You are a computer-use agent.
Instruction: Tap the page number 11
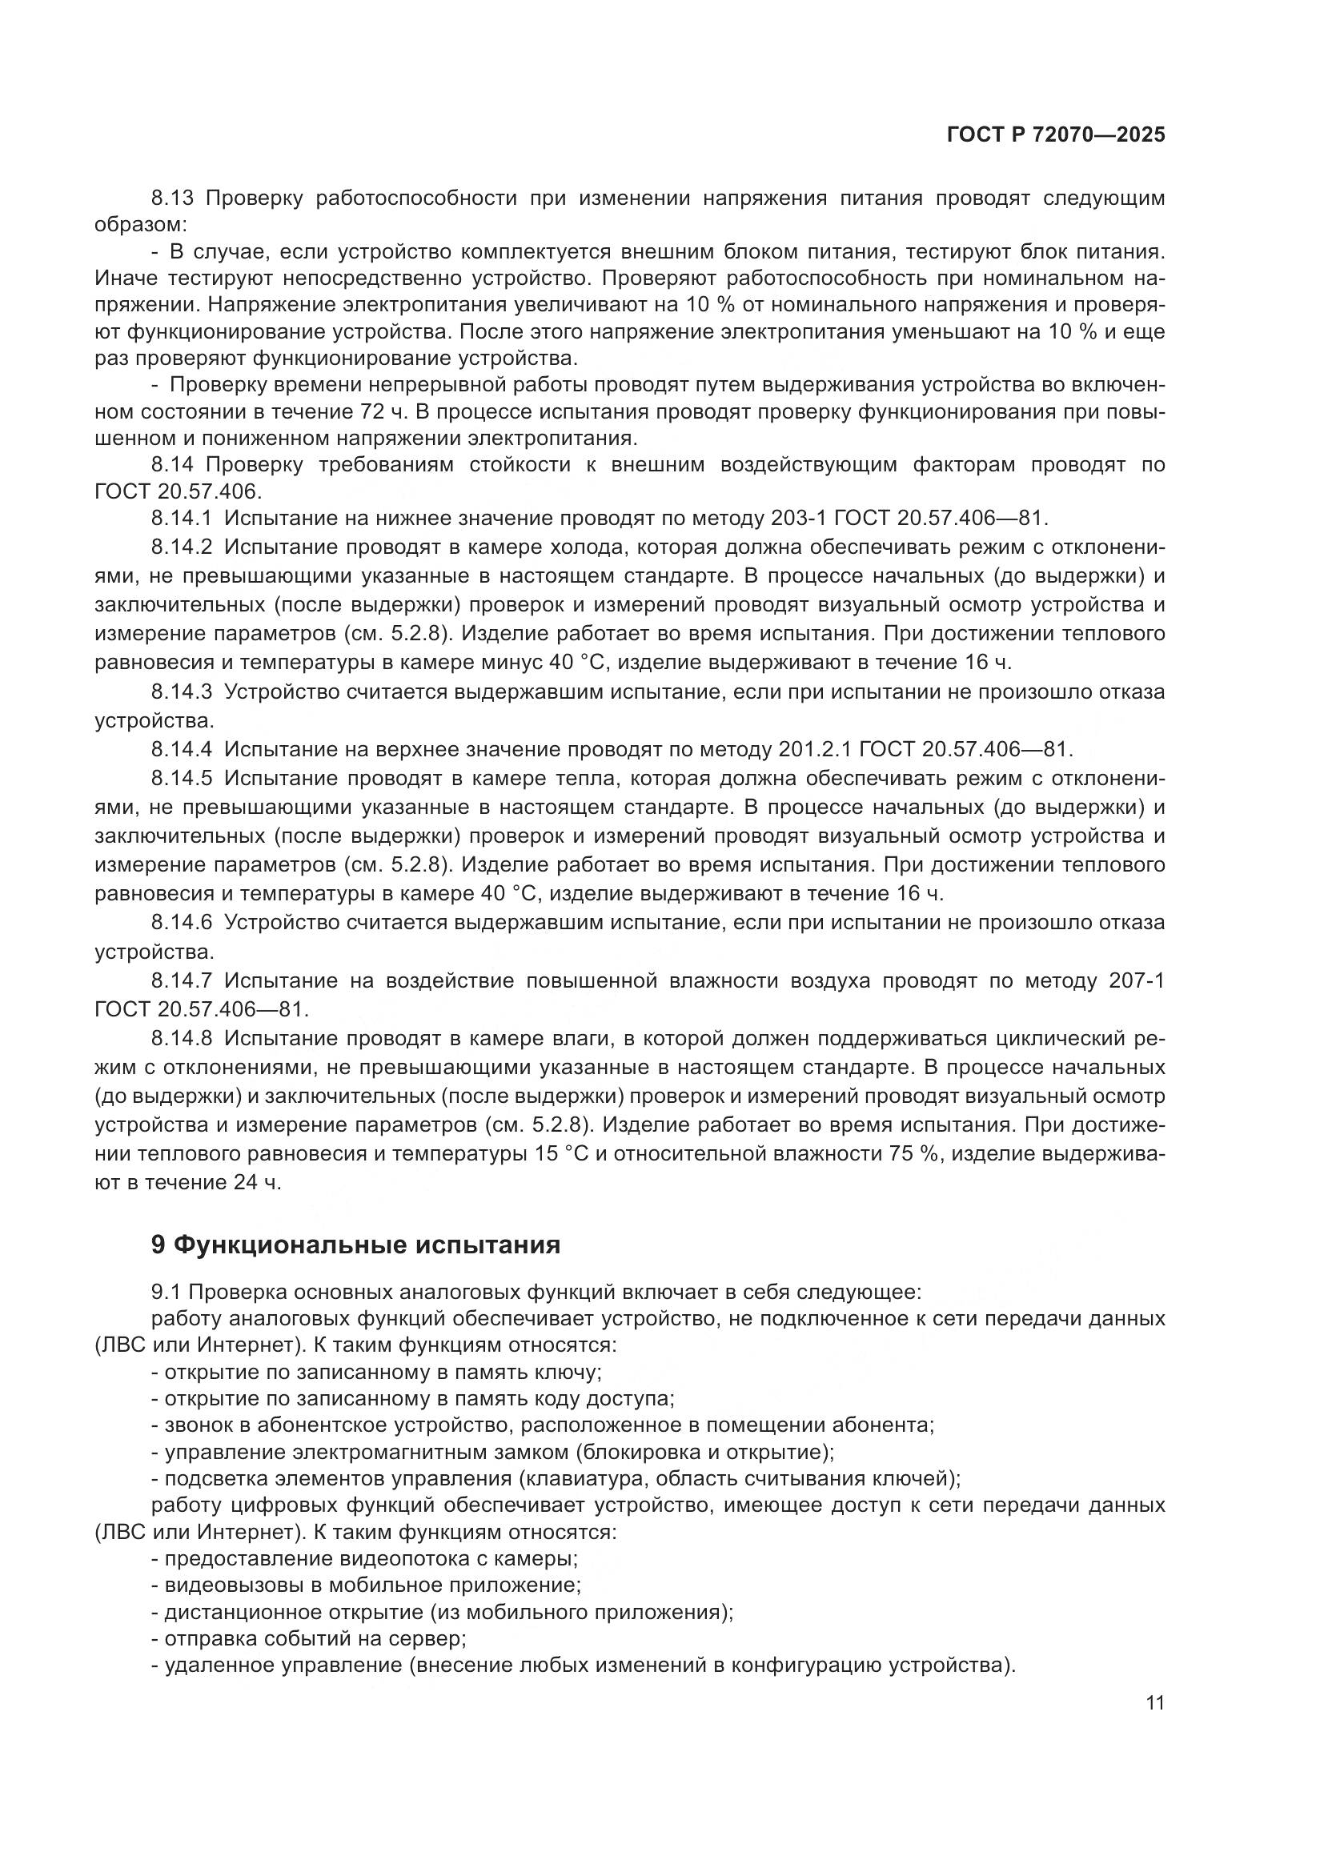[x=1154, y=1703]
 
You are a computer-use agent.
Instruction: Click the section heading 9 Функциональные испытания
[x=355, y=1245]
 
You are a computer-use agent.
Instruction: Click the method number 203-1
[x=808, y=518]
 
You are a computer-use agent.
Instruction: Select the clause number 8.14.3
[x=181, y=692]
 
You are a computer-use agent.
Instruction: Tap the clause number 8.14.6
[x=181, y=923]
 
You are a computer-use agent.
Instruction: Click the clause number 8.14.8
[x=181, y=1039]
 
